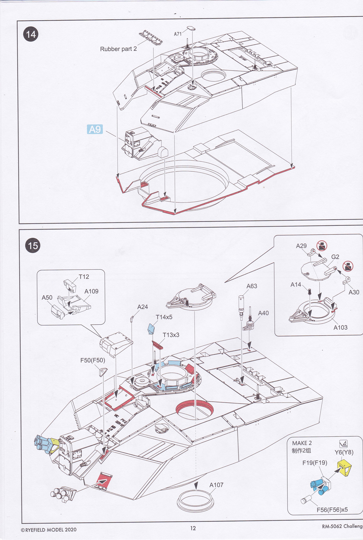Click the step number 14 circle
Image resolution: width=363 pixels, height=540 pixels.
tap(31, 34)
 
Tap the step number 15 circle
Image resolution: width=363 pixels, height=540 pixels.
tap(33, 246)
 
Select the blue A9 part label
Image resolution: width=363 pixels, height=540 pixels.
tap(95, 129)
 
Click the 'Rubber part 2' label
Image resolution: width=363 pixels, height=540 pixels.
tap(118, 49)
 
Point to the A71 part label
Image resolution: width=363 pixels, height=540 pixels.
tap(178, 34)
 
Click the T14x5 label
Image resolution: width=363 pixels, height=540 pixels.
tap(164, 317)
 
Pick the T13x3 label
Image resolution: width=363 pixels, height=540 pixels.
tap(171, 335)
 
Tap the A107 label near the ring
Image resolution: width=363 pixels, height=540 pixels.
tap(216, 485)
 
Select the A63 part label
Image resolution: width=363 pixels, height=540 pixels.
tap(252, 286)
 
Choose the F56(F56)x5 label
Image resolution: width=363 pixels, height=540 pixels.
tap(332, 510)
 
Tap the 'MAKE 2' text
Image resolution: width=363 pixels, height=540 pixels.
tap(302, 443)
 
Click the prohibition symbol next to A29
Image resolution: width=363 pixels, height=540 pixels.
tap(322, 246)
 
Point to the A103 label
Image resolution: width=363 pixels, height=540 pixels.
tap(340, 327)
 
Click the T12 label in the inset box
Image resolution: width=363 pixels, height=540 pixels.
tap(84, 277)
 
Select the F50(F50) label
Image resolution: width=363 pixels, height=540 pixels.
tap(93, 360)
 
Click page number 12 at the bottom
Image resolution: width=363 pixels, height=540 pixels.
tap(193, 528)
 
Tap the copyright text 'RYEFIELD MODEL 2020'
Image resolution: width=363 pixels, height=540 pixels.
tap(49, 530)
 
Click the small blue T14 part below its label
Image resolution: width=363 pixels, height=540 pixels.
tap(151, 329)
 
